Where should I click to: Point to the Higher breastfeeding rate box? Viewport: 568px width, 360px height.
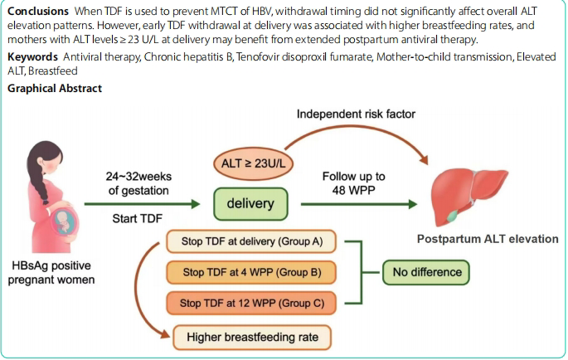pos(253,337)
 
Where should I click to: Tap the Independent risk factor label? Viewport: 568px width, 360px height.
pos(356,113)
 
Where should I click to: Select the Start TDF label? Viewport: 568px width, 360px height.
pos(137,218)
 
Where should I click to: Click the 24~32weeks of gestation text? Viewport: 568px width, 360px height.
pos(137,182)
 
